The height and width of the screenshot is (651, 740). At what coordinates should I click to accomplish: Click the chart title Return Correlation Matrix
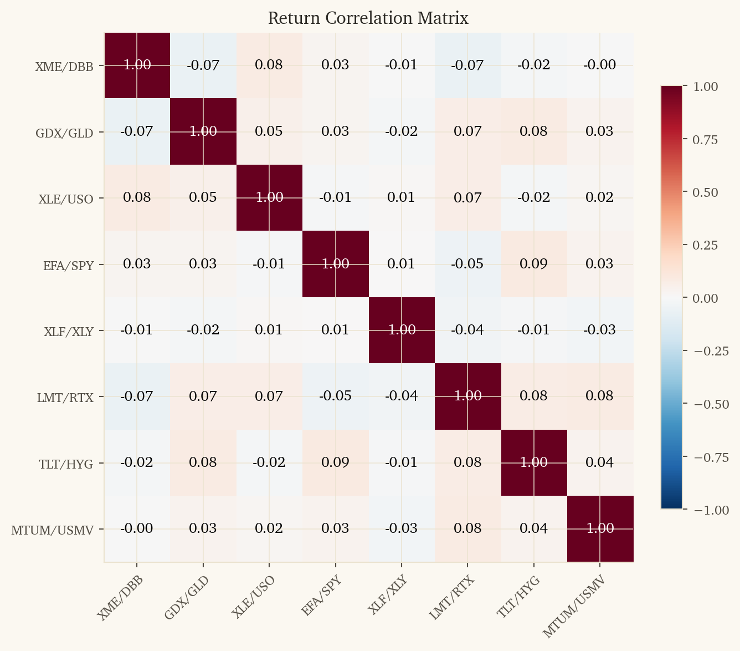tap(368, 18)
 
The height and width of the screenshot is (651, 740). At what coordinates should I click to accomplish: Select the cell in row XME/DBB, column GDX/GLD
tap(203, 65)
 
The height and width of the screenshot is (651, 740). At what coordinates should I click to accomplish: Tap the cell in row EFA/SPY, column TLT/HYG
tap(534, 264)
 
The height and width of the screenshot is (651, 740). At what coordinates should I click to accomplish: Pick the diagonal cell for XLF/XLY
tap(402, 330)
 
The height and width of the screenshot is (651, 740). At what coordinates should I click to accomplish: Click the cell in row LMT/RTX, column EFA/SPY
tap(336, 396)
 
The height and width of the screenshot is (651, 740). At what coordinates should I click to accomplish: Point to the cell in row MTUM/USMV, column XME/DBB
tap(137, 528)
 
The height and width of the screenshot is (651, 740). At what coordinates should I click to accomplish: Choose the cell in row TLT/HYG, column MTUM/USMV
tap(600, 462)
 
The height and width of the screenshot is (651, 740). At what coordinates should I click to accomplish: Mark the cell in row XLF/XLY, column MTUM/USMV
tap(600, 330)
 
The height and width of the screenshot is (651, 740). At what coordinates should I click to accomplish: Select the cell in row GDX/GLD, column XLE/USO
tap(269, 131)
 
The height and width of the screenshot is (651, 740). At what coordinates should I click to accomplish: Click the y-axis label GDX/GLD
tap(64, 133)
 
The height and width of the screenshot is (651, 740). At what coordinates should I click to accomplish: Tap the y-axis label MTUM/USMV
tap(52, 530)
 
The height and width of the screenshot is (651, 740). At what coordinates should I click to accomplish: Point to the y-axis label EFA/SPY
tap(68, 266)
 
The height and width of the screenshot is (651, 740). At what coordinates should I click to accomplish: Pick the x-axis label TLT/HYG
tap(518, 596)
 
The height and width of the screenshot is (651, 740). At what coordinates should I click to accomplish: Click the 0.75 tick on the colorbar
tap(705, 140)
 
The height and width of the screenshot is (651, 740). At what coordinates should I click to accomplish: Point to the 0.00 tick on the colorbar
tap(705, 298)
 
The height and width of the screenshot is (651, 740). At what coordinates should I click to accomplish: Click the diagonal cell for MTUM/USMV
tap(600, 528)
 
